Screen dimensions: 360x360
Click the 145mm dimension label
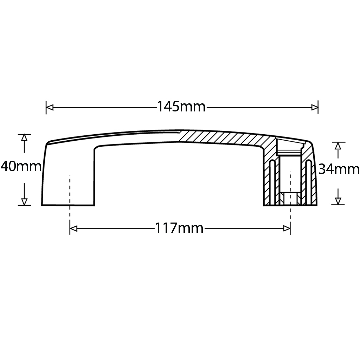click(x=181, y=107)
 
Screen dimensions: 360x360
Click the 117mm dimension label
click(x=179, y=229)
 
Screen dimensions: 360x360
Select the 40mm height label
click(x=21, y=166)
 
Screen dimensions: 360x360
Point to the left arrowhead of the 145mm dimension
click(x=50, y=107)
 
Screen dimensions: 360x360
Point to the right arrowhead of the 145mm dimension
click(x=315, y=107)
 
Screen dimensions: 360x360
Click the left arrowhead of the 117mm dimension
click(x=73, y=229)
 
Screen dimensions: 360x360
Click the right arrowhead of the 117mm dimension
click(x=287, y=229)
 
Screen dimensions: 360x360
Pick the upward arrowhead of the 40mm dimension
click(x=24, y=138)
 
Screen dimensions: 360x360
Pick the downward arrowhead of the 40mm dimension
click(x=24, y=201)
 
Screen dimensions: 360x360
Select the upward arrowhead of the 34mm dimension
click(x=338, y=146)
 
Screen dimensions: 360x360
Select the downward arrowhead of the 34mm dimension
click(x=338, y=201)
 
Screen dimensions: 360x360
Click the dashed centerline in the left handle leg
click(x=70, y=190)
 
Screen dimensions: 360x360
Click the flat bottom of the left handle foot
click(x=68, y=205)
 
